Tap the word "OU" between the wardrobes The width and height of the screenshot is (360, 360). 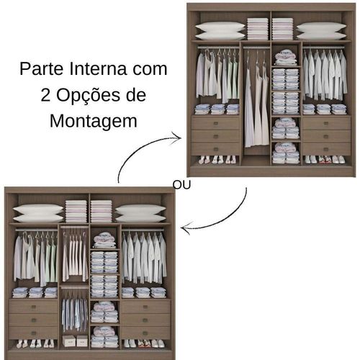(182, 184)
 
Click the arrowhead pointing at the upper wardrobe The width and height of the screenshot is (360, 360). (175, 135)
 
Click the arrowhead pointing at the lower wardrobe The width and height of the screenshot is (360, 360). (185, 229)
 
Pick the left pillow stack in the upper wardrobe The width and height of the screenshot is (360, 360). (220, 30)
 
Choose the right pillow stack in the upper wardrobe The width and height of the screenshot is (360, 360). (321, 30)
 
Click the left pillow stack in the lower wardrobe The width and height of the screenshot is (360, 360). (38, 213)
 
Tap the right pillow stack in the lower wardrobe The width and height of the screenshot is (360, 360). (140, 213)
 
